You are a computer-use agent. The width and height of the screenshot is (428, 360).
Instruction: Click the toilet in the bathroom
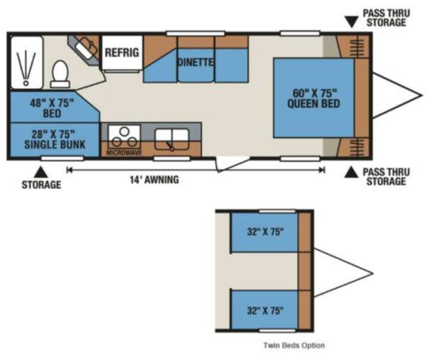[x=60, y=74]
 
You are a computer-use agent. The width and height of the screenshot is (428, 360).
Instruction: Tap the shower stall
[x=27, y=62]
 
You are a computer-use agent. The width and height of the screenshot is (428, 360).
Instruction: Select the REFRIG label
[x=122, y=52]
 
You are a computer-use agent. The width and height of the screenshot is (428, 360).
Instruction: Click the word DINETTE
[x=196, y=62]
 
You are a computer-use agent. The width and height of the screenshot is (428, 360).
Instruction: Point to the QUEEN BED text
[x=314, y=104]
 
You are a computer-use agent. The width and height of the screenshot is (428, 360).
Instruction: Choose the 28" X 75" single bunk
[x=55, y=140]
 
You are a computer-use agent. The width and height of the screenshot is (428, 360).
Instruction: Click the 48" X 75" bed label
[x=52, y=108]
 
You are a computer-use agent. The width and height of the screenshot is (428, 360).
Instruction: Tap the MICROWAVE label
[x=124, y=152]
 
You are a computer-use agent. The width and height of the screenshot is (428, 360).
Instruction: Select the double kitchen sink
[x=172, y=139]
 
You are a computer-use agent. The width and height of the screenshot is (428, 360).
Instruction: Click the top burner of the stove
[x=124, y=132]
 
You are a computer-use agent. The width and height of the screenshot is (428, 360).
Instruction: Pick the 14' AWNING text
[x=154, y=180]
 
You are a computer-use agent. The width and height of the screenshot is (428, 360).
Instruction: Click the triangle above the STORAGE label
[x=41, y=172]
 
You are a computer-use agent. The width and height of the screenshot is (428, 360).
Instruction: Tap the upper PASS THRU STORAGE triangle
[x=351, y=22]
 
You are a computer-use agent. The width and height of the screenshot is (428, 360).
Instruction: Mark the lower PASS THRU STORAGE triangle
[x=351, y=173]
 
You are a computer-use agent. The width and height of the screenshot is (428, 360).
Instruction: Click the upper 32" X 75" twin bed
[x=265, y=232]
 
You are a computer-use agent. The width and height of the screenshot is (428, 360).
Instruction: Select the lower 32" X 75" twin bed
[x=265, y=310]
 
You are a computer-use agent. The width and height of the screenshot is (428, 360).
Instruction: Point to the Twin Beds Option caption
[x=294, y=346]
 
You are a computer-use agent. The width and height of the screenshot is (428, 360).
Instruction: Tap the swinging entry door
[x=232, y=164]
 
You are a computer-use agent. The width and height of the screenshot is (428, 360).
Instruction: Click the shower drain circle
[x=26, y=83]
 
